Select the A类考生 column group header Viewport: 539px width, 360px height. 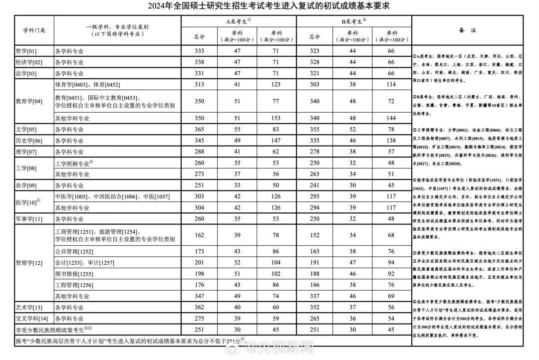click(238, 21)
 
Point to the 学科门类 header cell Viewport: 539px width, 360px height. click(34, 30)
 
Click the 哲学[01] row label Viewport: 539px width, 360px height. click(26, 51)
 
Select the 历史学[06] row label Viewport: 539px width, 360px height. click(29, 141)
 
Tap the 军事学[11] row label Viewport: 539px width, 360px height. click(29, 218)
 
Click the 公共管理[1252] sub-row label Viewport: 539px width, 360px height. click(73, 252)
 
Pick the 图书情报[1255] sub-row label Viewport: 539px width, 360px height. click(73, 274)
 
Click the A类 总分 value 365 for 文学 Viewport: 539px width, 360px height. click(199, 130)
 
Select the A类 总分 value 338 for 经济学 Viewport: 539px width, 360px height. click(199, 62)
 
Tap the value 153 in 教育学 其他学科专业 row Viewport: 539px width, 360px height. click(276, 118)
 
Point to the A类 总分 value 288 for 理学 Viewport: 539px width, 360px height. click(199, 152)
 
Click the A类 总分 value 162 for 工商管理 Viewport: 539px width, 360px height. click(199, 235)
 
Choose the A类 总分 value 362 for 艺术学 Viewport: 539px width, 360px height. click(199, 307)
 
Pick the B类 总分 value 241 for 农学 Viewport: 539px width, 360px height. click(314, 185)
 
